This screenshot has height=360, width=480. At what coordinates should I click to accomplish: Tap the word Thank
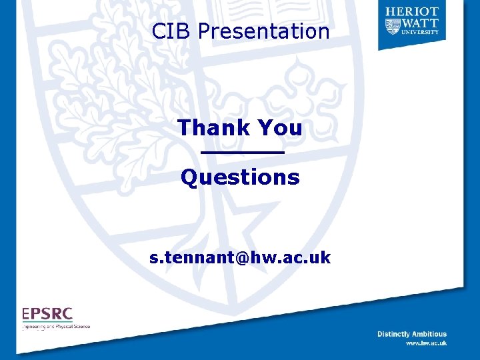(212, 127)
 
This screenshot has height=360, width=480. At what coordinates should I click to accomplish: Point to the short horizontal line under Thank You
(243, 153)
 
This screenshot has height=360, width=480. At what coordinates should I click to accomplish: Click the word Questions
(240, 177)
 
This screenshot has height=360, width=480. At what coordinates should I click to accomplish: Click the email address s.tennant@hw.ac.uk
(240, 257)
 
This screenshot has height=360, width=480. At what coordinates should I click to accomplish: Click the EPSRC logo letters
(47, 314)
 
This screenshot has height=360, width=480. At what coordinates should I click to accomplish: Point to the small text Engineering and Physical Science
(56, 327)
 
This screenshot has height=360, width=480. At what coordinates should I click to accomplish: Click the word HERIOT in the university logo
(411, 11)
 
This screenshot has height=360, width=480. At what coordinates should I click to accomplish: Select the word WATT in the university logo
(421, 22)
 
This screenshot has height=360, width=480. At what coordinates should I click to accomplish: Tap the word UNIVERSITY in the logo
(421, 31)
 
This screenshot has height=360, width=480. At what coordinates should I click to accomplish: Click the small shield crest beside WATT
(393, 25)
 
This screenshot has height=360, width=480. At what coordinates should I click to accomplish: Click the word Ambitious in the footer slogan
(430, 334)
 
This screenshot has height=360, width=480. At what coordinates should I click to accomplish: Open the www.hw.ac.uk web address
(426, 343)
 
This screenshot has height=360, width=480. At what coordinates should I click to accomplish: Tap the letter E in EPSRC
(25, 314)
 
